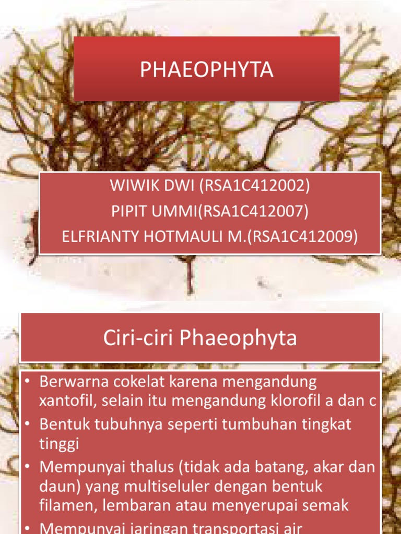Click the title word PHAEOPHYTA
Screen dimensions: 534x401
[207, 69]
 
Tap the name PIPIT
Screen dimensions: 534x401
[130, 212]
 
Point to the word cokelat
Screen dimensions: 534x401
[147, 382]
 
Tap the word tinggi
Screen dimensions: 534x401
[58, 443]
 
